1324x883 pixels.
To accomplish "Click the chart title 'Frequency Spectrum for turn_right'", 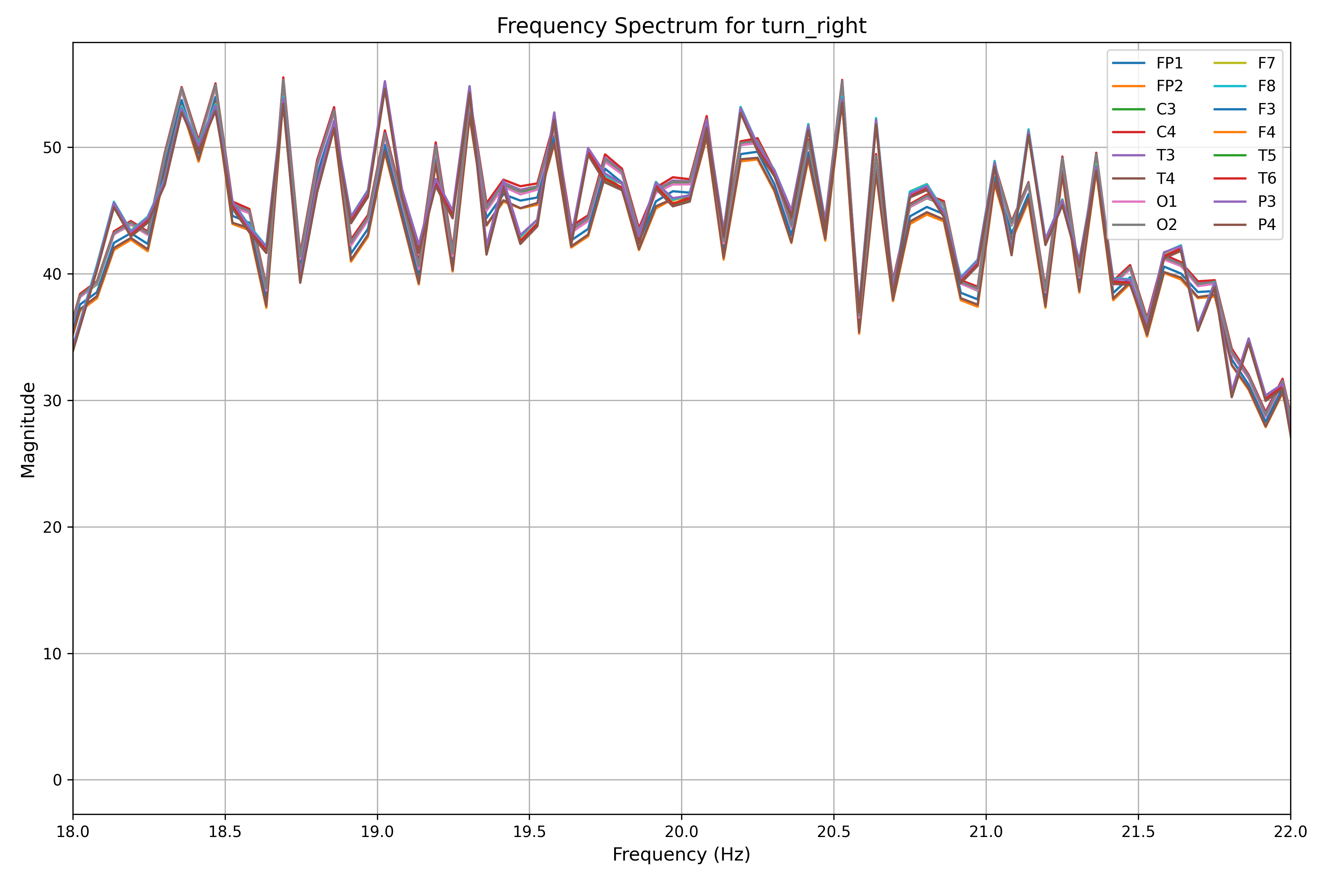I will (681, 26).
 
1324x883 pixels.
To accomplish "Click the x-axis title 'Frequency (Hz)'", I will (681, 854).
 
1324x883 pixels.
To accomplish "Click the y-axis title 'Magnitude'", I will (28, 430).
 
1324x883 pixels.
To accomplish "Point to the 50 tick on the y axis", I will (52, 148).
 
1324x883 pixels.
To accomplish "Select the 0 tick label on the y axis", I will (57, 780).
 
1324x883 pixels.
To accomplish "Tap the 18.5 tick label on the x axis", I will (225, 832).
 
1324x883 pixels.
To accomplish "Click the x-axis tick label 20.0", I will (681, 832).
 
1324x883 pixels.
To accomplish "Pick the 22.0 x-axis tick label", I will (1289, 832).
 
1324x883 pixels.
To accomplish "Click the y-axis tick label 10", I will (52, 654).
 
